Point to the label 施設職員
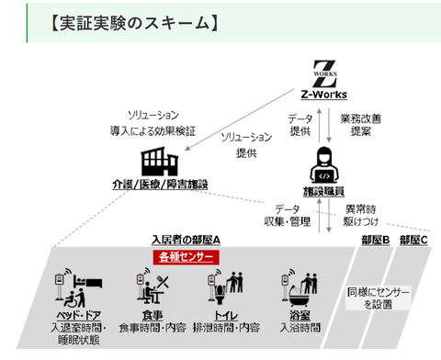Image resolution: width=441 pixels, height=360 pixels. click(328, 190)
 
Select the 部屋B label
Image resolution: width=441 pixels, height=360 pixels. click(375, 241)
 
